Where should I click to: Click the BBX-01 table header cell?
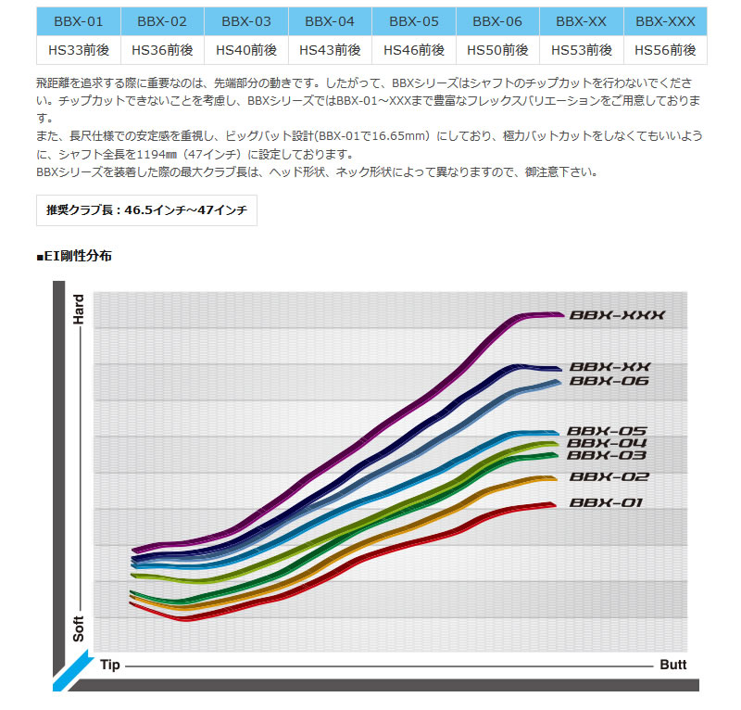tap(77, 21)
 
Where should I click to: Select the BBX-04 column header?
tap(330, 21)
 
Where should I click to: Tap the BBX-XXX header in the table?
tap(666, 21)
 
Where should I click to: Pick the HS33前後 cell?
tap(77, 50)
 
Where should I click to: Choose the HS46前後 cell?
tap(414, 50)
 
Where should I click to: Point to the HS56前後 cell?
tap(666, 50)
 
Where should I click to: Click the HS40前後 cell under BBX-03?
tap(245, 50)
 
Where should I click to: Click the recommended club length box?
tap(146, 210)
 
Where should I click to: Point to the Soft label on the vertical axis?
tap(79, 630)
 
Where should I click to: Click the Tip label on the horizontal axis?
tap(110, 666)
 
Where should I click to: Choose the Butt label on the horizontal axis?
tap(673, 666)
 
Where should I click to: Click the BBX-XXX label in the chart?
tap(617, 315)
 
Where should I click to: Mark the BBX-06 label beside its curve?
tap(609, 381)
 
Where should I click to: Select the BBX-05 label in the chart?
tap(607, 431)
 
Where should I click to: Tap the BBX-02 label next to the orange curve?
tap(609, 477)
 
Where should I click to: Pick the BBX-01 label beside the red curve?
tap(607, 503)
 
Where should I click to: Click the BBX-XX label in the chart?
tap(610, 367)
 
